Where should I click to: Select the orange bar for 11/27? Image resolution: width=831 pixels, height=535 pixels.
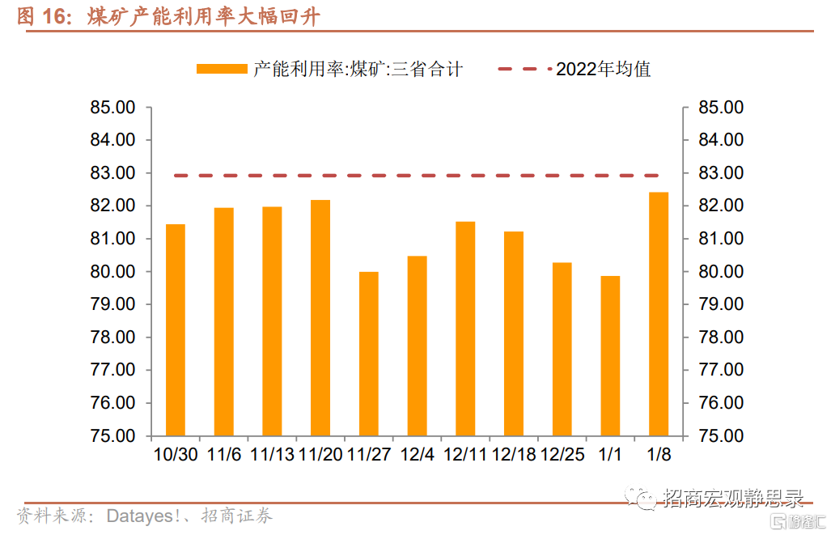tap(368, 354)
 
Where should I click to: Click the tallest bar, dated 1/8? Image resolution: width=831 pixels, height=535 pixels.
tap(659, 314)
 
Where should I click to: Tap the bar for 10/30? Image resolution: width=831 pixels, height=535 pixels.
tap(175, 329)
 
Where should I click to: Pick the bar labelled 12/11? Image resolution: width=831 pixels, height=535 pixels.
tap(465, 329)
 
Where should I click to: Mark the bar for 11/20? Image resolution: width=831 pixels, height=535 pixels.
tap(320, 317)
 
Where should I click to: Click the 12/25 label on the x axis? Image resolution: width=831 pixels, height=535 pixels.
tap(562, 455)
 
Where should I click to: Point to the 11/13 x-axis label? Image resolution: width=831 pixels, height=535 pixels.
tap(272, 455)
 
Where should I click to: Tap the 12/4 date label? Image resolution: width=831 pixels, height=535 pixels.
tap(417, 455)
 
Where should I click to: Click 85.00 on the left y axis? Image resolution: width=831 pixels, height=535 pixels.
tap(113, 108)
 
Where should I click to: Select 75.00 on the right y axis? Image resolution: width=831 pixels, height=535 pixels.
tap(721, 436)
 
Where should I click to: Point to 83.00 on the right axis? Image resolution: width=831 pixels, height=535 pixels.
tap(721, 173)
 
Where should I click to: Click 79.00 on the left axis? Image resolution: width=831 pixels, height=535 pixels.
tap(113, 304)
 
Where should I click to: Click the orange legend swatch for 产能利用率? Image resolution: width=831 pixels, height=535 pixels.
tap(221, 70)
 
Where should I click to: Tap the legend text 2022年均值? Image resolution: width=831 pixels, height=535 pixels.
tap(604, 70)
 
